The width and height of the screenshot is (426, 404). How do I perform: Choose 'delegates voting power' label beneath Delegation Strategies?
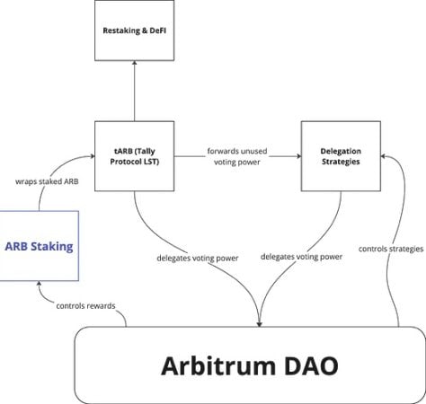tap(302, 256)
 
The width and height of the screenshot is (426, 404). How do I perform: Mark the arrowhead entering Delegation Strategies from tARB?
tap(296, 154)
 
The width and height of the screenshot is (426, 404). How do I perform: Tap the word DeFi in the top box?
tap(159, 31)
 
